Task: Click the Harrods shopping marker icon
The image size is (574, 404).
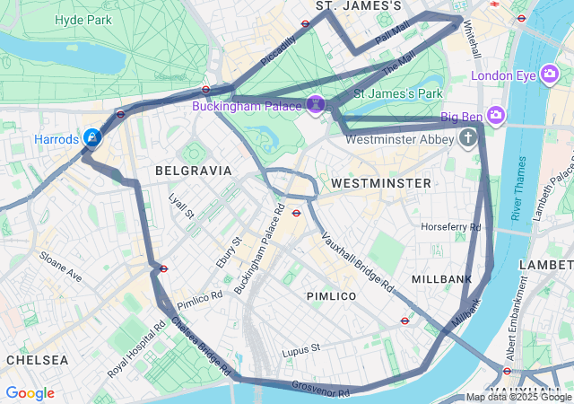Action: point(91,138)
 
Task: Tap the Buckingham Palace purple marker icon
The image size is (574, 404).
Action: point(316,106)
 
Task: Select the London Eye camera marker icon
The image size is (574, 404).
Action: point(551,75)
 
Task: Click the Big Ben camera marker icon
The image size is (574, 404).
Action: point(497,116)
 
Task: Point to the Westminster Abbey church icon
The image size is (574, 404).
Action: point(467,138)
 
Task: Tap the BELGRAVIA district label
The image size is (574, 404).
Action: point(193,170)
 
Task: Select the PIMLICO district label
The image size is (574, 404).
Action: point(331,295)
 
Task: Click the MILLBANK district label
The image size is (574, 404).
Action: point(441,279)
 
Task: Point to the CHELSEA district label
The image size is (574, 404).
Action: point(37,359)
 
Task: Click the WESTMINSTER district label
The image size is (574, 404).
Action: point(380,183)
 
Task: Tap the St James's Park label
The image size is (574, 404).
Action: point(399,92)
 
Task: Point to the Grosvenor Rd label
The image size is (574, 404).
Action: point(320,389)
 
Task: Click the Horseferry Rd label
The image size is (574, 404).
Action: point(451,226)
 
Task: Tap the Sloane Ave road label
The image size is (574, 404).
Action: point(61,267)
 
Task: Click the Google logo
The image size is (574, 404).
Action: point(30,393)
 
